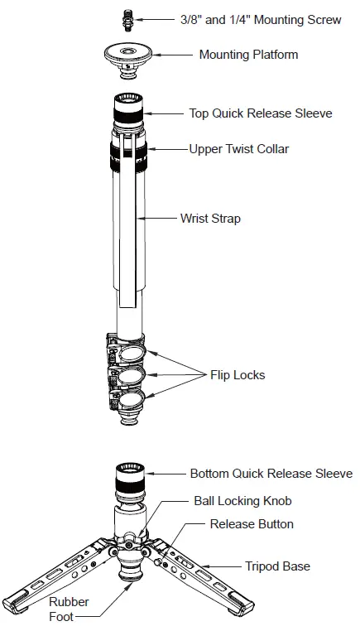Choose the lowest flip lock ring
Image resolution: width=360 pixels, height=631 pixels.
click(131, 404)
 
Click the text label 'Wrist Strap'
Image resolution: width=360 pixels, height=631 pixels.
click(210, 219)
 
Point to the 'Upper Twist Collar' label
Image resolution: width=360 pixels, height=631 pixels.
click(238, 149)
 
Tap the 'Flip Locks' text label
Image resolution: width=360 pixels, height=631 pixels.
click(237, 375)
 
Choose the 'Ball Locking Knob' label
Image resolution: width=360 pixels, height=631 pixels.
click(242, 501)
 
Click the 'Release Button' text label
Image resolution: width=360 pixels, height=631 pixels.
click(252, 524)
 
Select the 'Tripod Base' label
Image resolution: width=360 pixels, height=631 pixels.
click(277, 566)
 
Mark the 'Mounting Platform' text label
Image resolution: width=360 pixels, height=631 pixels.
click(248, 55)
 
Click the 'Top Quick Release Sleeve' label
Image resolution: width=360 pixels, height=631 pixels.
click(261, 113)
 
